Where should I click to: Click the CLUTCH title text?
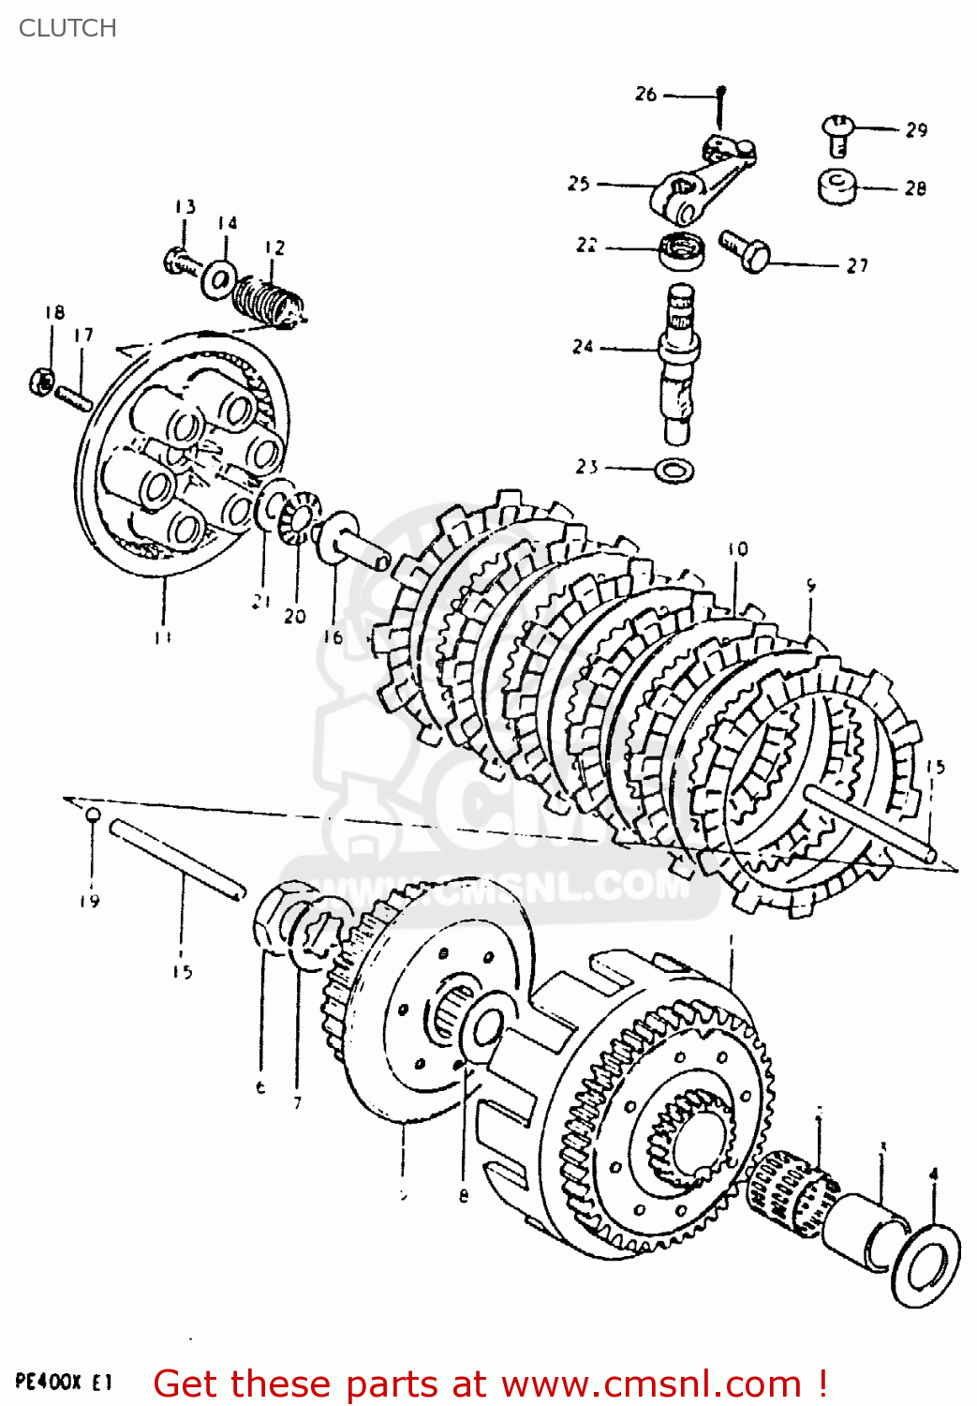pos(67,28)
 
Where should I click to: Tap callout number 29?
pos(916,130)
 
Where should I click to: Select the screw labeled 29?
pos(837,133)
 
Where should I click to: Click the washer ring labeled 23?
pos(674,469)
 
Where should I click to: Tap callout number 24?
pos(583,347)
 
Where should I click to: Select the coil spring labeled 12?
pos(268,299)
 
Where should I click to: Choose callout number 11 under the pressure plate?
pos(161,637)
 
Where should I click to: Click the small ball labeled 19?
pos(92,815)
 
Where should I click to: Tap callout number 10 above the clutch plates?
pos(738,549)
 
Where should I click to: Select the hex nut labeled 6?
pos(273,923)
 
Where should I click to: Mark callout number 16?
pos(333,637)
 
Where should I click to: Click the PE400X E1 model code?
pos(64,1382)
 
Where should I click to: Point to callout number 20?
pos(294,616)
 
